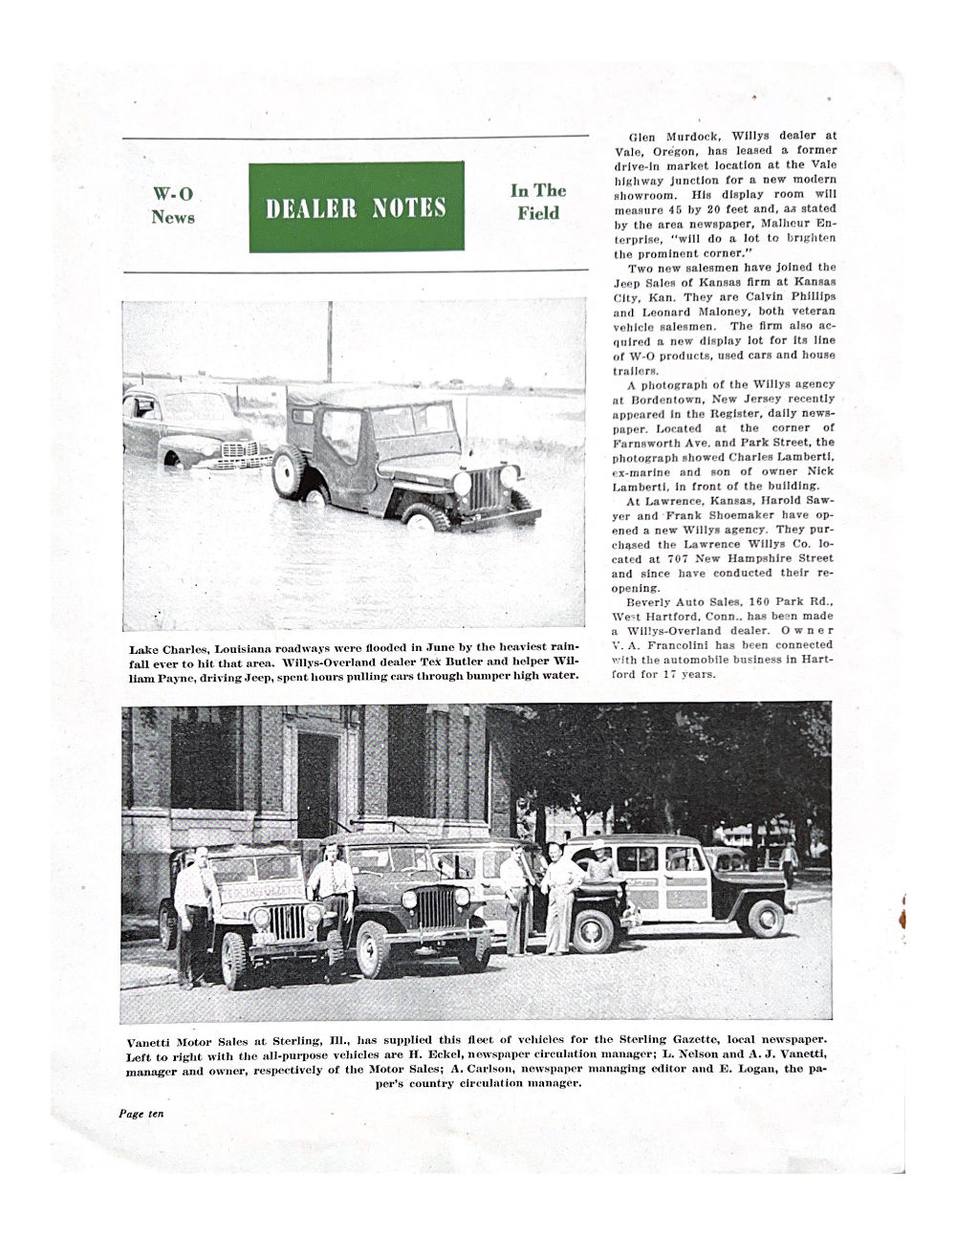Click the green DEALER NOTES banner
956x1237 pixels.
pyautogui.click(x=356, y=206)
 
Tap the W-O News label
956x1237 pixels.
pyautogui.click(x=173, y=206)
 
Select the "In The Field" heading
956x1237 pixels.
pyautogui.click(x=538, y=202)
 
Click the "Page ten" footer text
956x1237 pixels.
pyautogui.click(x=141, y=1114)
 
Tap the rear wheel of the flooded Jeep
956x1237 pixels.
pyautogui.click(x=290, y=471)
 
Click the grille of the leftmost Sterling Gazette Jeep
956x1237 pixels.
pyautogui.click(x=285, y=922)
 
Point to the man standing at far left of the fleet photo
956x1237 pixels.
pyautogui.click(x=194, y=912)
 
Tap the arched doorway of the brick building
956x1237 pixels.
pyautogui.click(x=316, y=784)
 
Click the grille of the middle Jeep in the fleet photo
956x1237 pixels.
pyautogui.click(x=435, y=907)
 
